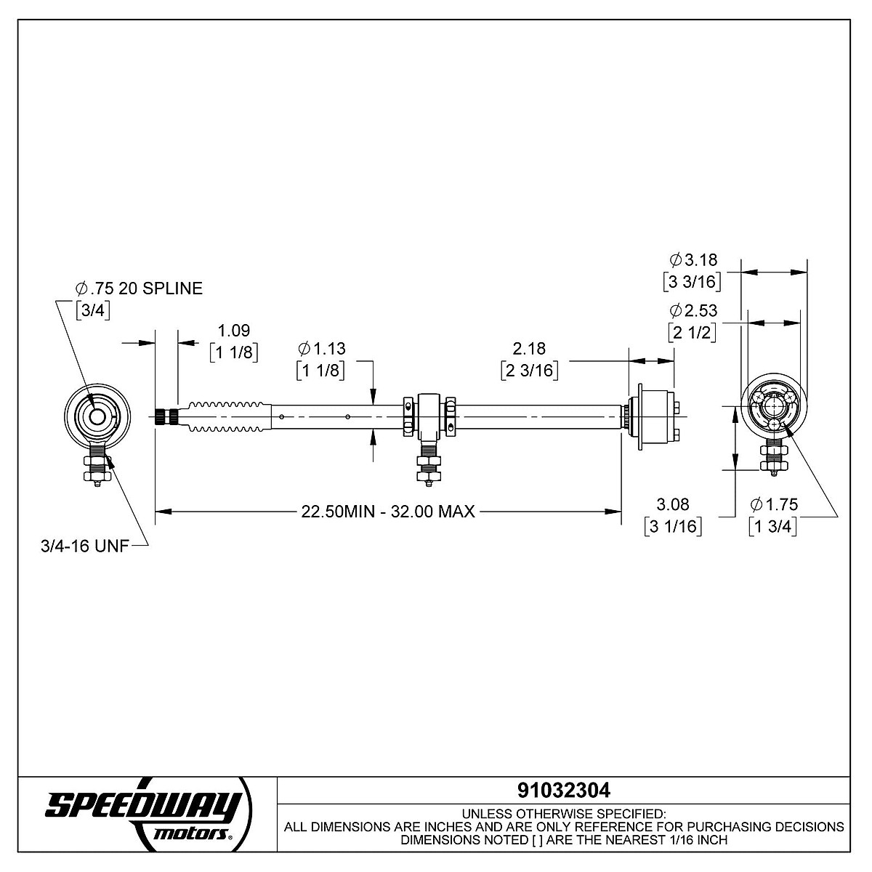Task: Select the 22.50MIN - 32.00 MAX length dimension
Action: (x=388, y=512)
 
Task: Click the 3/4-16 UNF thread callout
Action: (x=85, y=546)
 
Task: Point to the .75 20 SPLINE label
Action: (x=140, y=288)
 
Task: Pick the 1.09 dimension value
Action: (x=234, y=331)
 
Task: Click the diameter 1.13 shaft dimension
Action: (x=322, y=349)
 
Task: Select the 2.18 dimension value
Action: (x=530, y=349)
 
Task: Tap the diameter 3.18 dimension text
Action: (x=693, y=259)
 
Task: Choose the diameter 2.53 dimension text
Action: (x=693, y=310)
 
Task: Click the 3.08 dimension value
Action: (x=673, y=504)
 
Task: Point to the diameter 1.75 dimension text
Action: (x=774, y=504)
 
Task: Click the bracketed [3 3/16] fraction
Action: (x=693, y=282)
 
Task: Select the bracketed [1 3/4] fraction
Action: (x=773, y=526)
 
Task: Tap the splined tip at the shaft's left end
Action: (x=166, y=416)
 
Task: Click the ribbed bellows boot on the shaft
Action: (x=225, y=416)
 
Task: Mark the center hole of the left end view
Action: (x=97, y=416)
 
